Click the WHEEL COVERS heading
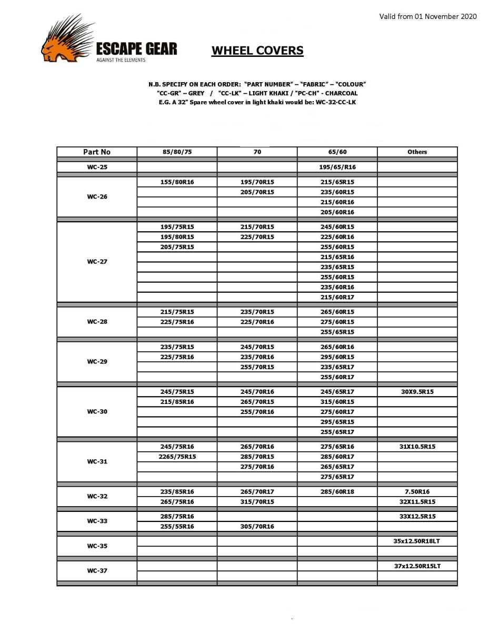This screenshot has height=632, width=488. pyautogui.click(x=257, y=51)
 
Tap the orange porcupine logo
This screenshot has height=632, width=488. pyautogui.click(x=66, y=40)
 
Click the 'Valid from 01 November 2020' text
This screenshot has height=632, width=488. pyautogui.click(x=427, y=16)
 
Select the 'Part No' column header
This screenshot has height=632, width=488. pyautogui.click(x=97, y=152)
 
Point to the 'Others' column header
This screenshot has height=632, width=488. pyautogui.click(x=417, y=152)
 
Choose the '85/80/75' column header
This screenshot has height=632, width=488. pyautogui.click(x=177, y=152)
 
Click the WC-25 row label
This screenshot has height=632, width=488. pyautogui.click(x=97, y=167)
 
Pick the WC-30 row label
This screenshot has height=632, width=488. pyautogui.click(x=97, y=411)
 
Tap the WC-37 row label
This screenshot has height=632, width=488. pyautogui.click(x=97, y=570)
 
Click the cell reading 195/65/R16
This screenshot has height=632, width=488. pyautogui.click(x=337, y=167)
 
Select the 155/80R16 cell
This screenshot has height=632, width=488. pyautogui.click(x=177, y=182)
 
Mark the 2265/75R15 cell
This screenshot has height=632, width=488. pyautogui.click(x=177, y=457)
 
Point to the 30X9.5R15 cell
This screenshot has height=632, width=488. pyautogui.click(x=417, y=392)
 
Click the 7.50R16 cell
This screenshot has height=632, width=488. pyautogui.click(x=417, y=491)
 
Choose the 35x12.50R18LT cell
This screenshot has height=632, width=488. pyautogui.click(x=417, y=541)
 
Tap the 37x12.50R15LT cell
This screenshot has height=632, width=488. pyautogui.click(x=417, y=566)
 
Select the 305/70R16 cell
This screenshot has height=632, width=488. pyautogui.click(x=257, y=526)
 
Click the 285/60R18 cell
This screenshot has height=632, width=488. pyautogui.click(x=337, y=491)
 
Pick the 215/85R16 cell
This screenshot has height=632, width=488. pyautogui.click(x=177, y=402)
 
